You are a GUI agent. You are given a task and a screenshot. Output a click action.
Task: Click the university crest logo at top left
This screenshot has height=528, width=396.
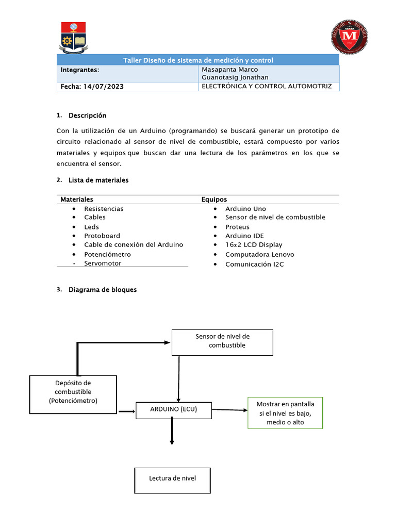tap(75, 38)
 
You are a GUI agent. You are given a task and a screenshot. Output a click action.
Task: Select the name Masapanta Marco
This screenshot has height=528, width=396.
tap(229, 70)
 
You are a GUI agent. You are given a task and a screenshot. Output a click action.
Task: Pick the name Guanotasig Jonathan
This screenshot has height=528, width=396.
tap(235, 78)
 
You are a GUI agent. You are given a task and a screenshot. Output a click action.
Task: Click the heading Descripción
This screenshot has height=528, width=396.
tap(87, 115)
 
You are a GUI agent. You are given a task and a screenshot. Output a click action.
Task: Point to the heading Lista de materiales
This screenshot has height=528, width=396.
tap(98, 180)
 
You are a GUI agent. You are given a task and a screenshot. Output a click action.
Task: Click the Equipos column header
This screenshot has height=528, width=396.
tap(214, 200)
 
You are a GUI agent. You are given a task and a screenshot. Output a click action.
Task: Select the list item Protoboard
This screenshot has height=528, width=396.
tap(102, 236)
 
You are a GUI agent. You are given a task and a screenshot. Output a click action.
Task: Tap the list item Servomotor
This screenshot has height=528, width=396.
tap(103, 263)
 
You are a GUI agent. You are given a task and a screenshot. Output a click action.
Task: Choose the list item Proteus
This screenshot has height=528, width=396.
tap(237, 227)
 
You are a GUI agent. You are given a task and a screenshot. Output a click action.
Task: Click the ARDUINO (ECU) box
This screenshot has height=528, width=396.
tap(173, 409)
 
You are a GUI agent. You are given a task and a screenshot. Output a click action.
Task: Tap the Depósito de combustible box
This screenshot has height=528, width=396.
tap(73, 394)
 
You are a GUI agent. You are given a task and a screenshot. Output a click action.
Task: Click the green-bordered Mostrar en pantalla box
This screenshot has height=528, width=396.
tap(285, 412)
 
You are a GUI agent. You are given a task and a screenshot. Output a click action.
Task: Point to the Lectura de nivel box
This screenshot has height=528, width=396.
tap(172, 478)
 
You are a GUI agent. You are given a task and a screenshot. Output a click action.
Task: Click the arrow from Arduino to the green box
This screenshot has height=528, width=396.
tap(229, 410)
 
